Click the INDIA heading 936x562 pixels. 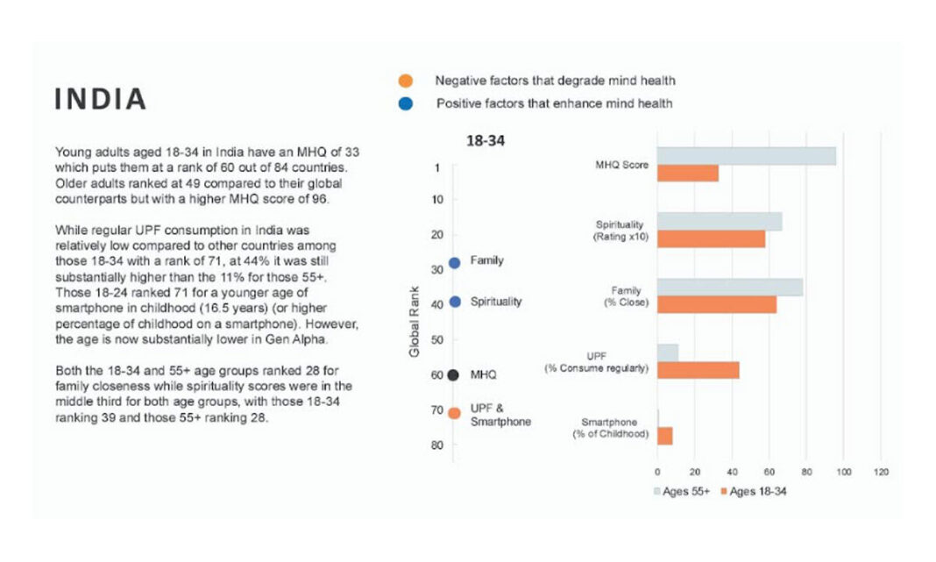[100, 99]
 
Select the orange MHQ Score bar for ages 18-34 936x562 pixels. [688, 174]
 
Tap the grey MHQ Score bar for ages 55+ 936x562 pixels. [746, 156]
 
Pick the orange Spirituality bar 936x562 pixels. [711, 238]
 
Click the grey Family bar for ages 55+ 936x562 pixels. [730, 288]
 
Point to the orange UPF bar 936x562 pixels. [698, 370]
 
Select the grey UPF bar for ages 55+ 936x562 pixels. [667, 353]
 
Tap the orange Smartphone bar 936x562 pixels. [664, 436]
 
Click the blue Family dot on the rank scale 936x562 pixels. [454, 263]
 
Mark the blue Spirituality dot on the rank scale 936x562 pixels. [455, 302]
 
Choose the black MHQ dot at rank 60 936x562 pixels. [453, 375]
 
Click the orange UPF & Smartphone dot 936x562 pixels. [454, 413]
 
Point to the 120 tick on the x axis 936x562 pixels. [881, 472]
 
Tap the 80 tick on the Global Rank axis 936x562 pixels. [437, 445]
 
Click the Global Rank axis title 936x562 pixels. [415, 322]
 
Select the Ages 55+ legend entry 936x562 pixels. [682, 492]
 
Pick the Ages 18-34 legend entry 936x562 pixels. [754, 492]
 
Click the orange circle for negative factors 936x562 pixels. [405, 81]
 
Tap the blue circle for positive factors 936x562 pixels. [405, 103]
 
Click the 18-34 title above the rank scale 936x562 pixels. [486, 141]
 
